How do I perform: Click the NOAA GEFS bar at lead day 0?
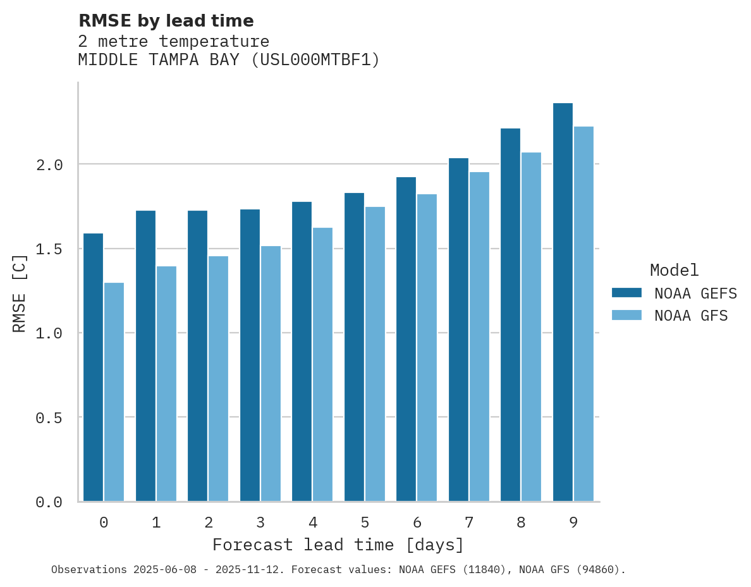[93, 367]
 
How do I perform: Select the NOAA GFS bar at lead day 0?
[114, 392]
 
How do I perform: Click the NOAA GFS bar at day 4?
[322, 364]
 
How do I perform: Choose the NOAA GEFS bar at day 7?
[458, 330]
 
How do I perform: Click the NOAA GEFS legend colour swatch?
[626, 293]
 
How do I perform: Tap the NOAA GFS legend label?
[691, 316]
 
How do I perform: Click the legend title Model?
[674, 270]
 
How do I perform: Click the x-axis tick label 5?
[365, 522]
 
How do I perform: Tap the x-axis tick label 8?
[521, 522]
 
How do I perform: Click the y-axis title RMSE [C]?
[20, 293]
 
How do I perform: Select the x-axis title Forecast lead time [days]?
[338, 545]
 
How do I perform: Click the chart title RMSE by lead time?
[166, 21]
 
